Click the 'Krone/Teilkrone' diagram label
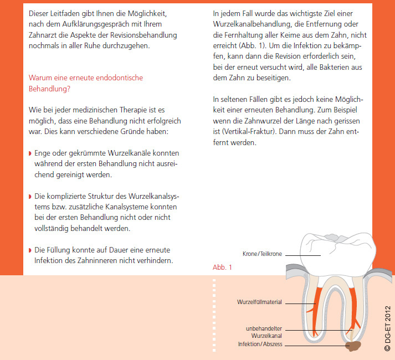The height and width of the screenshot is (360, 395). pyautogui.click(x=263, y=254)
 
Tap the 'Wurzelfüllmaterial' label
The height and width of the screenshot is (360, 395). pyautogui.click(x=260, y=302)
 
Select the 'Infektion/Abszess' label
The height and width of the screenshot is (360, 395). pyautogui.click(x=260, y=344)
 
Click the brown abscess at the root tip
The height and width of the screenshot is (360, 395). pyautogui.click(x=352, y=347)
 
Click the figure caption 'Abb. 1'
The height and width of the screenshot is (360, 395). pyautogui.click(x=222, y=267)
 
